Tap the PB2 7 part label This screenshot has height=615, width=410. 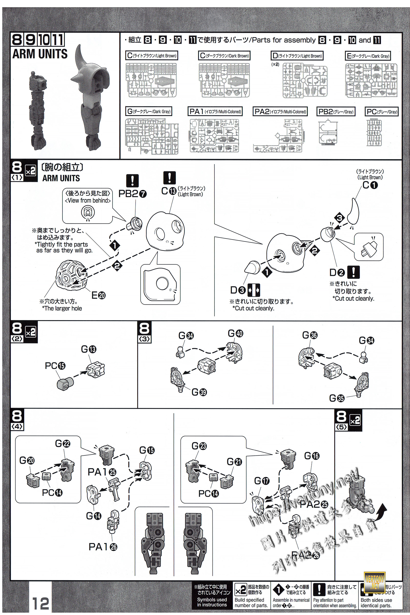pyautogui.click(x=132, y=193)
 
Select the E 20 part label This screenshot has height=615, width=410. pyautogui.click(x=98, y=295)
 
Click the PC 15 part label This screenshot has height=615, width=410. pyautogui.click(x=55, y=366)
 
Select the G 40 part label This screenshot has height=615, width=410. pyautogui.click(x=235, y=333)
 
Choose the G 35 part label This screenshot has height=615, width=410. pyautogui.click(x=337, y=398)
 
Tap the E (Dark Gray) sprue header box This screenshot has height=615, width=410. pyautogui.click(x=368, y=56)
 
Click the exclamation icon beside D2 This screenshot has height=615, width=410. pyautogui.click(x=353, y=272)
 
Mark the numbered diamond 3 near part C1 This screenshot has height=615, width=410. pyautogui.click(x=339, y=218)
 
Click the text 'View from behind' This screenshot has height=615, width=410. pyautogui.click(x=88, y=201)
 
